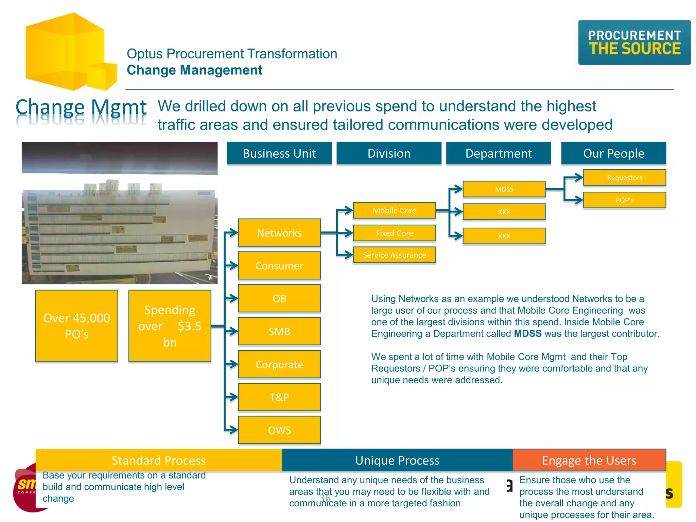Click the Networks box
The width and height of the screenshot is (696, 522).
click(279, 233)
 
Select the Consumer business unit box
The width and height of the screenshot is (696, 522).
click(279, 266)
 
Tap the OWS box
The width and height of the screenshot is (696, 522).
click(279, 430)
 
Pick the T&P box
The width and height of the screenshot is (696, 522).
click(279, 397)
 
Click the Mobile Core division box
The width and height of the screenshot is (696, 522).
click(394, 210)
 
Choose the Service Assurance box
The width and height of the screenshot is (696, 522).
click(394, 255)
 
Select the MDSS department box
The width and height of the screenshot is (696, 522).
click(504, 189)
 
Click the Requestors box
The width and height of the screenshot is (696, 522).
click(624, 178)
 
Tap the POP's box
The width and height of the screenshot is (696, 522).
click(624, 200)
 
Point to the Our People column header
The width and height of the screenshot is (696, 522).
click(613, 153)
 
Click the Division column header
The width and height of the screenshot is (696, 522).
click(389, 153)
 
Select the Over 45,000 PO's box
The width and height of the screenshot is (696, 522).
click(77, 326)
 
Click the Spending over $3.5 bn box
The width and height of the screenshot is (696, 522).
click(170, 326)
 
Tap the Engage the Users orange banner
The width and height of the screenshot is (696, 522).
click(589, 460)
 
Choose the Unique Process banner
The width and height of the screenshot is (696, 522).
click(397, 460)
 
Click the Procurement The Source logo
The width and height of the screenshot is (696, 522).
click(634, 43)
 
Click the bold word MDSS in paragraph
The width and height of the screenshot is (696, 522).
click(527, 334)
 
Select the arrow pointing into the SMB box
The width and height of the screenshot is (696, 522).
click(232, 331)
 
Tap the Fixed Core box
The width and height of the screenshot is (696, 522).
click(394, 233)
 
